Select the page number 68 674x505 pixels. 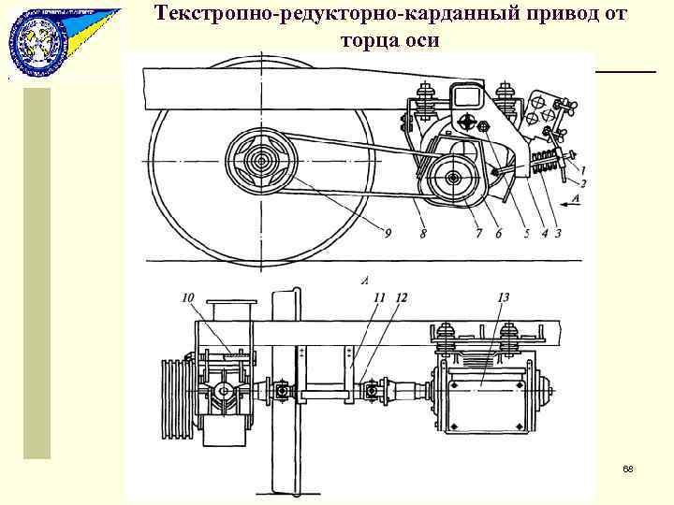[x=627, y=467]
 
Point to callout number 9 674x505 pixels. [x=388, y=233]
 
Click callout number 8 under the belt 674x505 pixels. [x=422, y=233]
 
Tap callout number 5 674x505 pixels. [x=524, y=233]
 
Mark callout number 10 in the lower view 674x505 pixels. [x=188, y=297]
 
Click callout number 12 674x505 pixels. [x=402, y=297]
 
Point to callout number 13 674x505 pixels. [x=502, y=297]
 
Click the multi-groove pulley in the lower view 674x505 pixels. [x=175, y=388]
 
